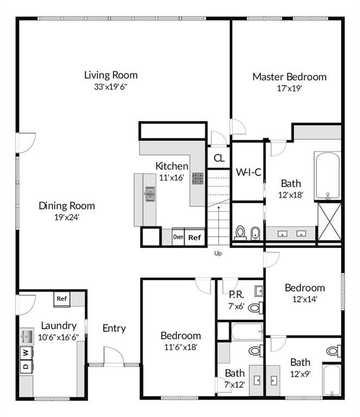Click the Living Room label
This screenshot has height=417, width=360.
tap(111, 75)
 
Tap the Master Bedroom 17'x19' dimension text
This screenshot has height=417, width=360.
tap(289, 88)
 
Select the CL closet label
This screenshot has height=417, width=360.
tap(219, 159)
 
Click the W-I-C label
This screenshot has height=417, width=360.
tap(248, 172)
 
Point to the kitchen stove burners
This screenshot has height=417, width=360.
tap(198, 179)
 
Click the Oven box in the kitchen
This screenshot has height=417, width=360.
tap(178, 237)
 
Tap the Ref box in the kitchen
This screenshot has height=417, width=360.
tap(194, 237)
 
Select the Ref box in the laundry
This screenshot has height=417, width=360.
tap(62, 298)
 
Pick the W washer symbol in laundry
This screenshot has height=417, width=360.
tap(25, 353)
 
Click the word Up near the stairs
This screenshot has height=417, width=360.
tap(218, 254)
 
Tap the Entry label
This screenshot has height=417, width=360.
tap(114, 328)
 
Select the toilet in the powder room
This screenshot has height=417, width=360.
tap(254, 308)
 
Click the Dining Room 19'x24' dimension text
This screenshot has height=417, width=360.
tap(67, 217)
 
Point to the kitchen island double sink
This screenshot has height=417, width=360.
tap(149, 193)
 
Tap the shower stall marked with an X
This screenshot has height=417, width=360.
tap(330, 221)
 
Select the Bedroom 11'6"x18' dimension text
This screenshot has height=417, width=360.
tap(180, 347)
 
